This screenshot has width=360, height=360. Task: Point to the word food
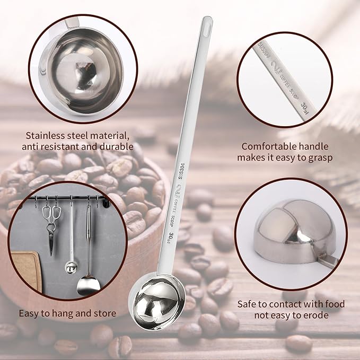tap(332, 304)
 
